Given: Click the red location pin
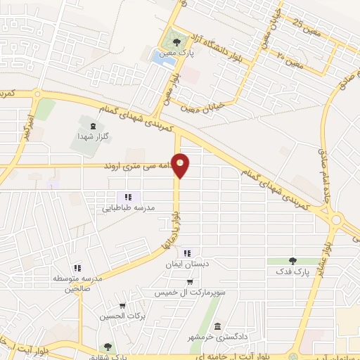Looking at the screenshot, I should point(181,165).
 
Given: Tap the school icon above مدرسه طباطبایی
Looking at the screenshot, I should point(127,197).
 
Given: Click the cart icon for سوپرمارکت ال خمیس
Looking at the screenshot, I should point(188,281).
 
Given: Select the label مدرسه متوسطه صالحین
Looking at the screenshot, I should point(78,283).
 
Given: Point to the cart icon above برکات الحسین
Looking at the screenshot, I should point(122,307).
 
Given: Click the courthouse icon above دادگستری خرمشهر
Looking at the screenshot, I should point(218,326).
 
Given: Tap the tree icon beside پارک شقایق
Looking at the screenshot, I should point(107,346).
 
